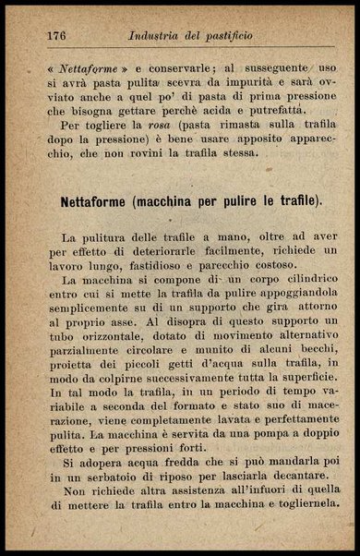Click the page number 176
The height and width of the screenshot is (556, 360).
pyautogui.click(x=56, y=37)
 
